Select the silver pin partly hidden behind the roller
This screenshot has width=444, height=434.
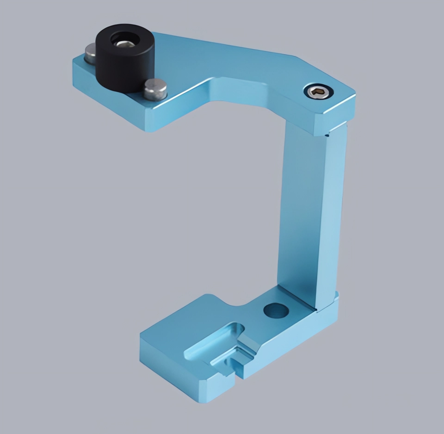pyautogui.click(x=90, y=54)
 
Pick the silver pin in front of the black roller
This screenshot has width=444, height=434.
pyautogui.click(x=155, y=89)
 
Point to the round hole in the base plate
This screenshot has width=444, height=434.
pyautogui.click(x=276, y=310)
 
